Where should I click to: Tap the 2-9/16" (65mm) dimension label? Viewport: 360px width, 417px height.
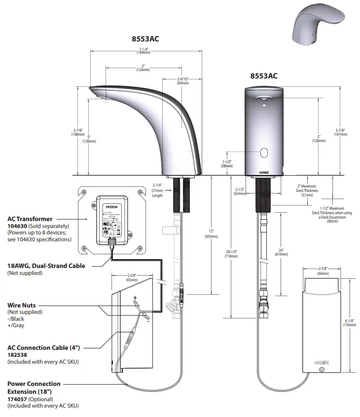coord(183,81)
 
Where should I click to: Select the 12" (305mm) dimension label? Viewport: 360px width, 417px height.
coord(212,233)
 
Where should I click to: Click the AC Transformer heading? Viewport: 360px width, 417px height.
coord(30,219)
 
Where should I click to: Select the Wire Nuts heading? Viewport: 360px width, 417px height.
coord(22,305)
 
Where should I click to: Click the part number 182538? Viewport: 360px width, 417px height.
coord(18,354)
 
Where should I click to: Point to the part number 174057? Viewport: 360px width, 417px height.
coord(18,399)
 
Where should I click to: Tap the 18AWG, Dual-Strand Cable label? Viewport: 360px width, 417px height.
coord(46,265)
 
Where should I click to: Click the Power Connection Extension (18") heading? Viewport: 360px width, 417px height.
coord(34,387)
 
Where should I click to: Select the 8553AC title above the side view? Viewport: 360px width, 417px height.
coord(145,39)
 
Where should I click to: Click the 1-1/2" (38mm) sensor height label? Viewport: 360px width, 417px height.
coord(226,164)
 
